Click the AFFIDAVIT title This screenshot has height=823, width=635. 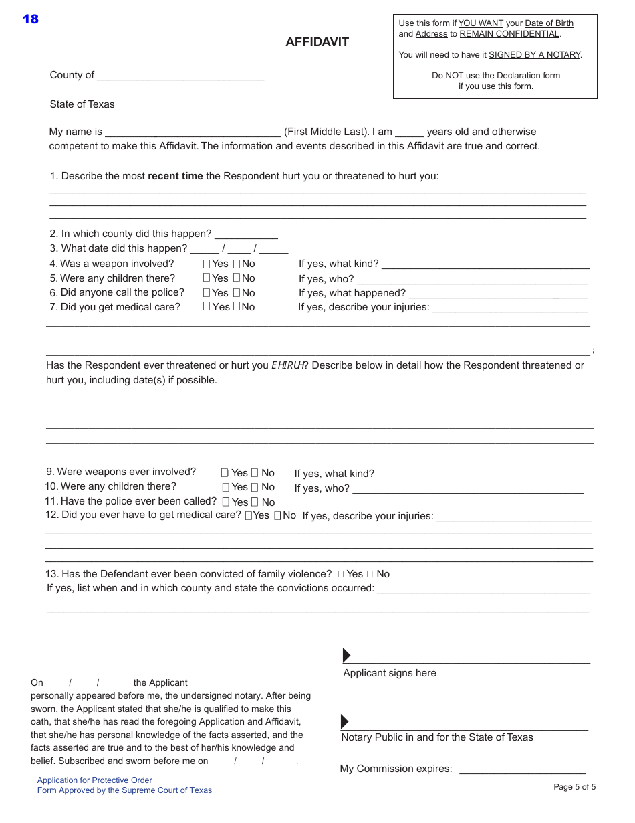(317, 42)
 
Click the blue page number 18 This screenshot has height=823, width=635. (31, 19)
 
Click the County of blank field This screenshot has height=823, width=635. (180, 76)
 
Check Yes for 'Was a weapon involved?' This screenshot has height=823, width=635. (207, 264)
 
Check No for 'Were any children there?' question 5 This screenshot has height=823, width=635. (237, 278)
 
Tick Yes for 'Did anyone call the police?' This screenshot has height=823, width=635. (207, 292)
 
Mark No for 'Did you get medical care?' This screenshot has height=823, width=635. (237, 306)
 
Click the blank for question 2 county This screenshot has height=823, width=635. (246, 234)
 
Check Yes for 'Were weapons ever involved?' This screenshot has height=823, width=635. (225, 472)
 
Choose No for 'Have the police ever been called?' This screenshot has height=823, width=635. (255, 502)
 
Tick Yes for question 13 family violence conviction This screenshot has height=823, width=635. (341, 574)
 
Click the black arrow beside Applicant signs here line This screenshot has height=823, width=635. (346, 655)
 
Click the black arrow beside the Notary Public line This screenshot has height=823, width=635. (345, 721)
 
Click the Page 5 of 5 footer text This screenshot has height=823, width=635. (574, 787)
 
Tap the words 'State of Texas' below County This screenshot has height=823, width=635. (82, 104)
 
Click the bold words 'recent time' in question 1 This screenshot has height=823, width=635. (175, 176)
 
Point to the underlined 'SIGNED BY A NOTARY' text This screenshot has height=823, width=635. (534, 55)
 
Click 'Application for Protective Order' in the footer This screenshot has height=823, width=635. (95, 780)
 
